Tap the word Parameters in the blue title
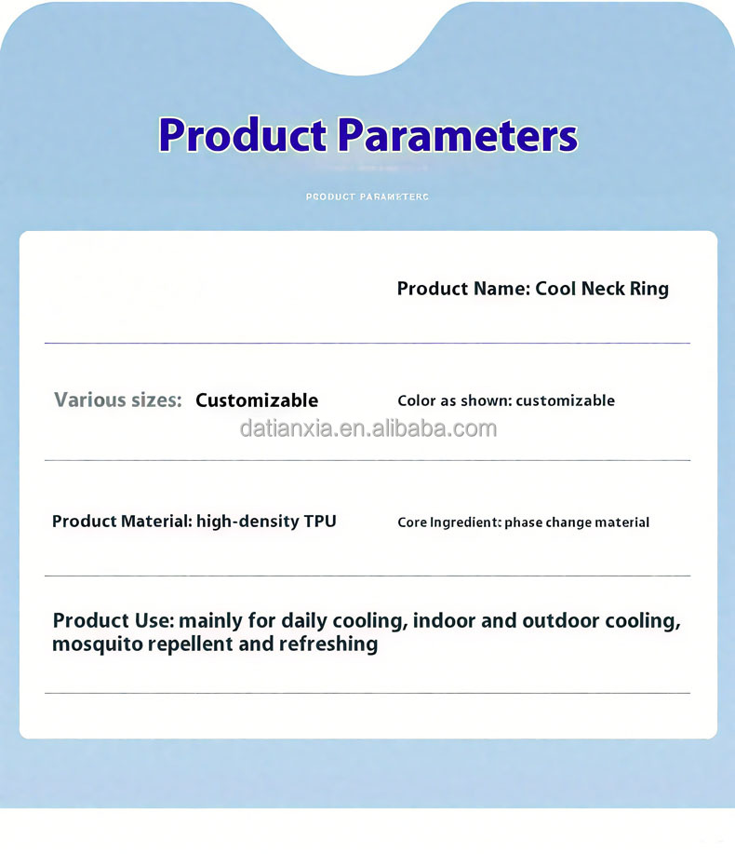point(457,136)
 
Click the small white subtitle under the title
point(367,197)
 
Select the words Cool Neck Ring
point(602,289)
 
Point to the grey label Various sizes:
point(117,400)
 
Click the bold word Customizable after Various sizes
point(257,400)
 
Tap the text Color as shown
point(454,400)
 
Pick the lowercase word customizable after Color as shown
point(565,400)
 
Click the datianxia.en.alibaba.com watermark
point(368,429)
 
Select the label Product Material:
point(122,522)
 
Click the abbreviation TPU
point(320,522)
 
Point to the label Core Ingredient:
point(448,522)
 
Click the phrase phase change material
point(577,522)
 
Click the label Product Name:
point(463,289)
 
